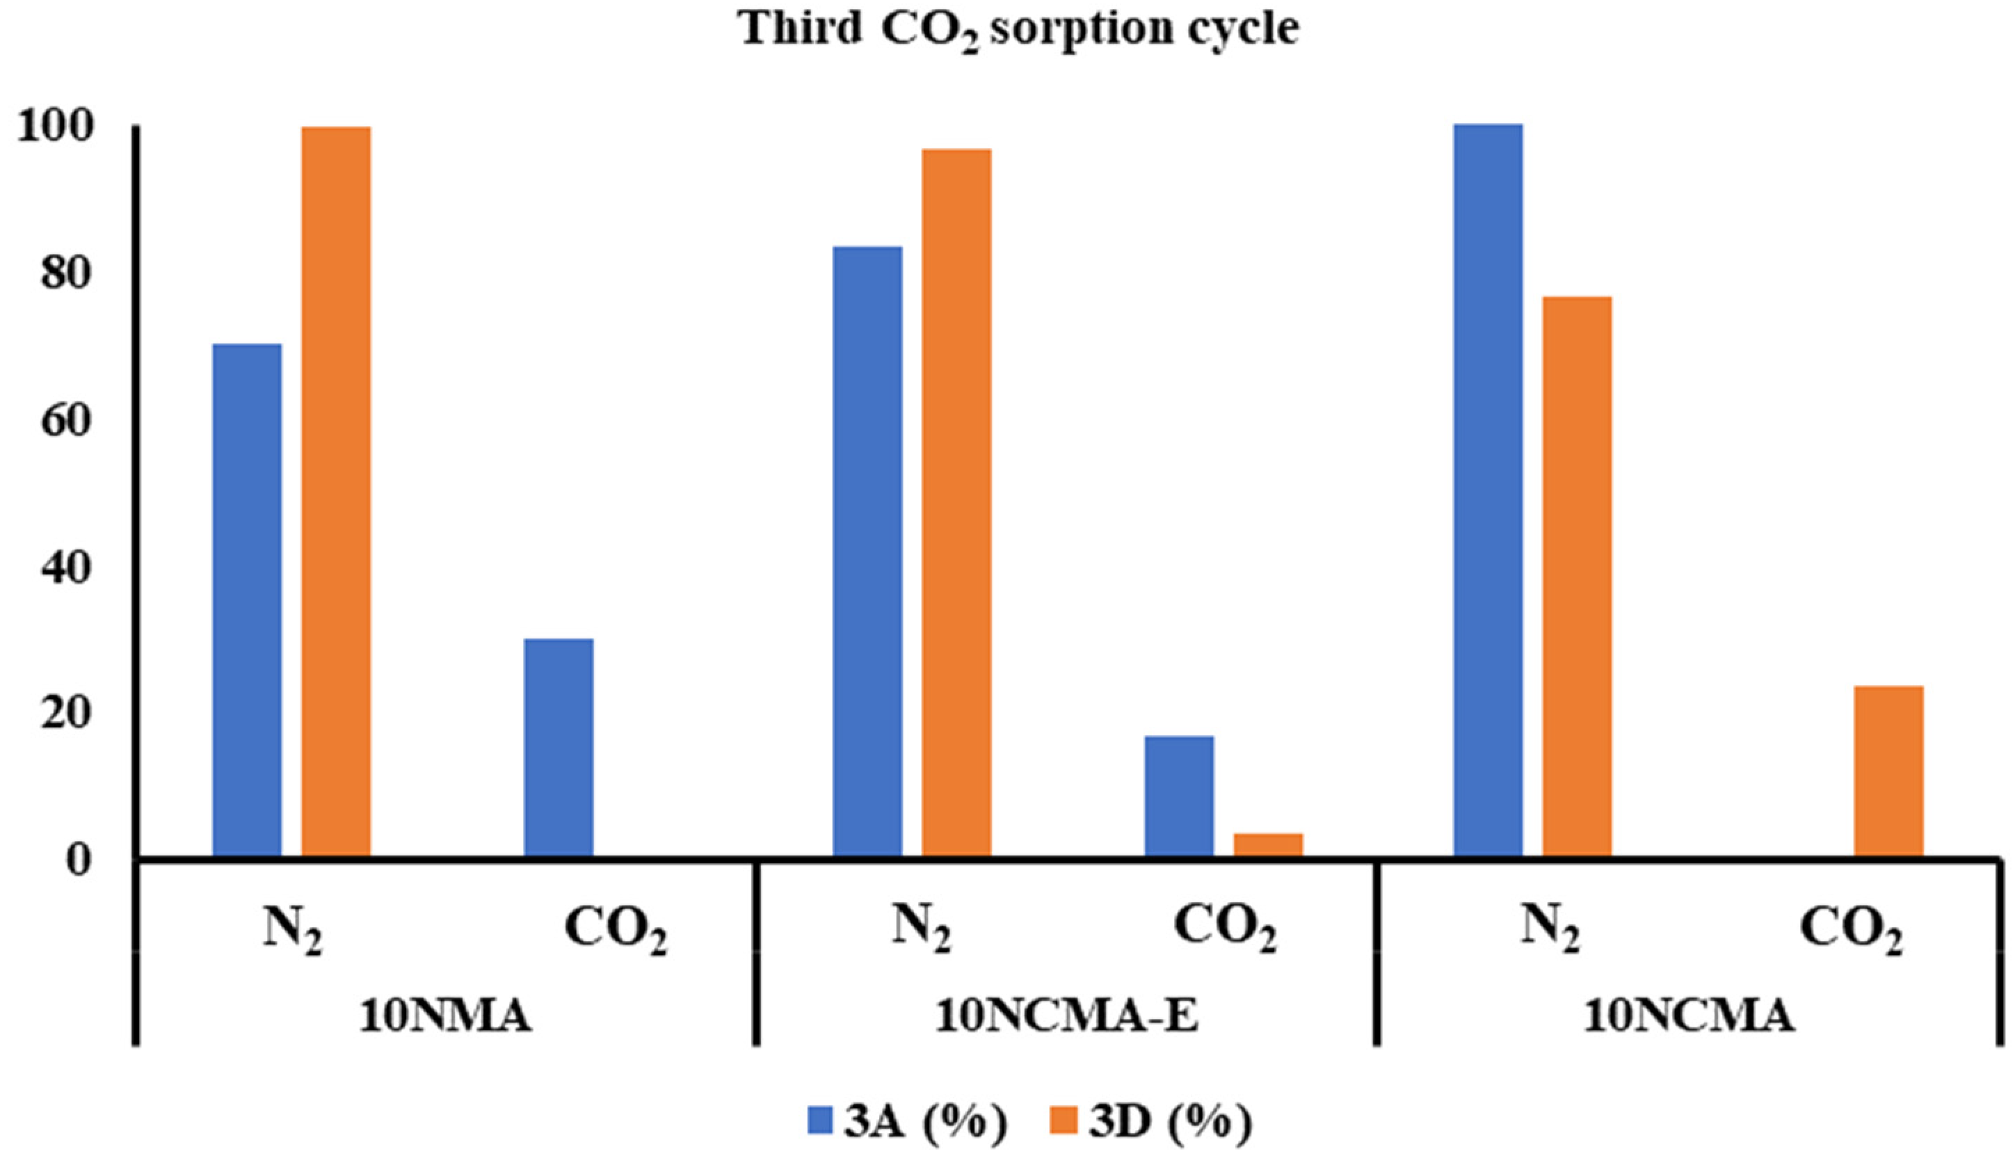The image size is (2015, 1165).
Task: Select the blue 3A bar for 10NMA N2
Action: click(247, 600)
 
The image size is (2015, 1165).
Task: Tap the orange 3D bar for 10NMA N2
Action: click(336, 492)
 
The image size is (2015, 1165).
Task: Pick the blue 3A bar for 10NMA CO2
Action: click(558, 748)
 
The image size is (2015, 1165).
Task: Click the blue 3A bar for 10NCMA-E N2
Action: click(867, 552)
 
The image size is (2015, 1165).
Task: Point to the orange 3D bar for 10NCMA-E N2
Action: click(956, 504)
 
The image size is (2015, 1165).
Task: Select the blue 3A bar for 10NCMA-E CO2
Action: click(1180, 796)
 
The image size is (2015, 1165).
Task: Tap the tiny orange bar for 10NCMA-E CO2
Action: click(1268, 845)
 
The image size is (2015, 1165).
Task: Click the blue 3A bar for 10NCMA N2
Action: click(1488, 490)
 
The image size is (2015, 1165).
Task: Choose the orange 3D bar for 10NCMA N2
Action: click(1577, 576)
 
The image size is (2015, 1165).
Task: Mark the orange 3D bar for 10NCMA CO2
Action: click(1888, 771)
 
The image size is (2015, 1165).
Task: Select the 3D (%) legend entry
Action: click(1151, 1123)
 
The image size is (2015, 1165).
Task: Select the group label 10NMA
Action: click(445, 1017)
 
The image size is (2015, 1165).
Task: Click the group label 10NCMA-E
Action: click(1067, 1017)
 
